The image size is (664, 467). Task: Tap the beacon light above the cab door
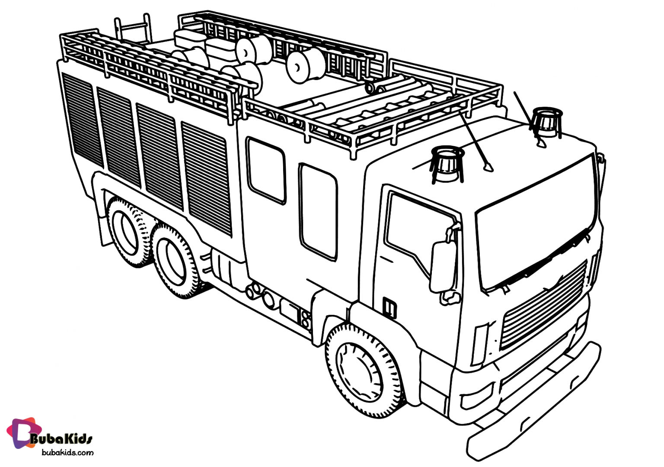447,163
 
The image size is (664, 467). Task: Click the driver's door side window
411,229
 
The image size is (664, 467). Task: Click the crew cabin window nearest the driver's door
318,212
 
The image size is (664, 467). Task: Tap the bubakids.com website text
67,453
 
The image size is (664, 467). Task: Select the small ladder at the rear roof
132,28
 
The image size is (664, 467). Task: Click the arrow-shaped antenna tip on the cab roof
489,165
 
